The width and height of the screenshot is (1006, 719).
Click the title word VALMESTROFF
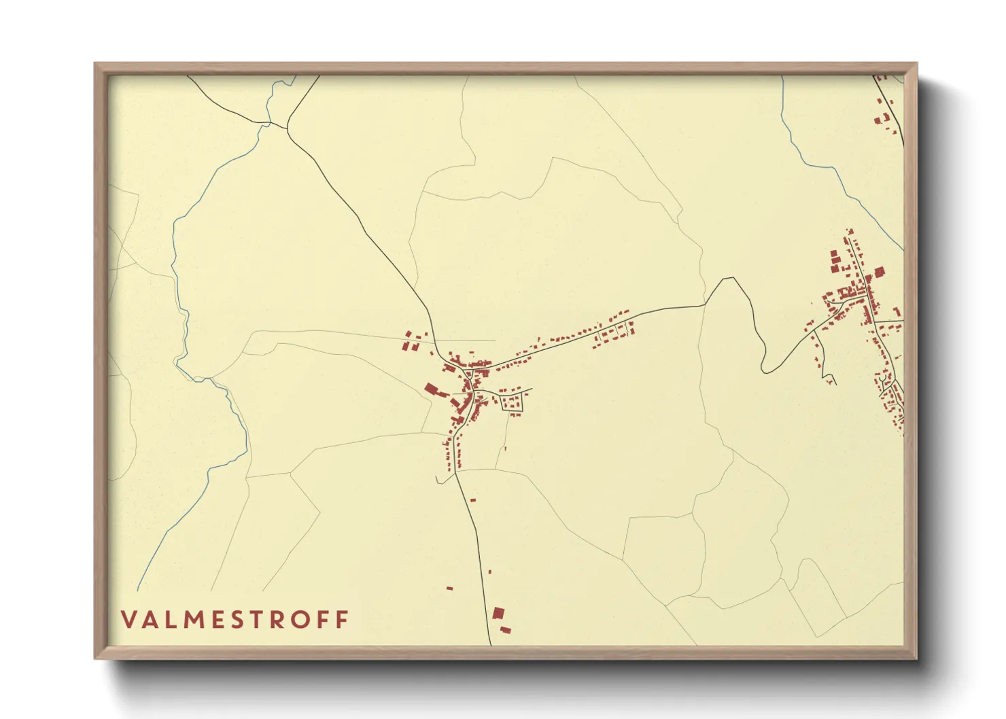235,619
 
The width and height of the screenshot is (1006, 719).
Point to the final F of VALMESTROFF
343,619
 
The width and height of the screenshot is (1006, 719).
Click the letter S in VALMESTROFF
237,619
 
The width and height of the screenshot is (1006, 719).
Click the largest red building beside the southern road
498,613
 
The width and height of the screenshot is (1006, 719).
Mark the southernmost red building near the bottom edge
505,631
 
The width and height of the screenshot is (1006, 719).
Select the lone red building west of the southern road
449,588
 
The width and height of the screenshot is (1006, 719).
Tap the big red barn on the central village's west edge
432,389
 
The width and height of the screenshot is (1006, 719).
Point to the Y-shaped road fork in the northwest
288,126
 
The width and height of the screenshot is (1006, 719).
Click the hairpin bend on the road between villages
765,369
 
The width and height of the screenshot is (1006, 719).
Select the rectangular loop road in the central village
513,402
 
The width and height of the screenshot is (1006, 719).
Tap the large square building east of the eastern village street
879,273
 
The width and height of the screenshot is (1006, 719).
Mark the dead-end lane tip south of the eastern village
835,385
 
